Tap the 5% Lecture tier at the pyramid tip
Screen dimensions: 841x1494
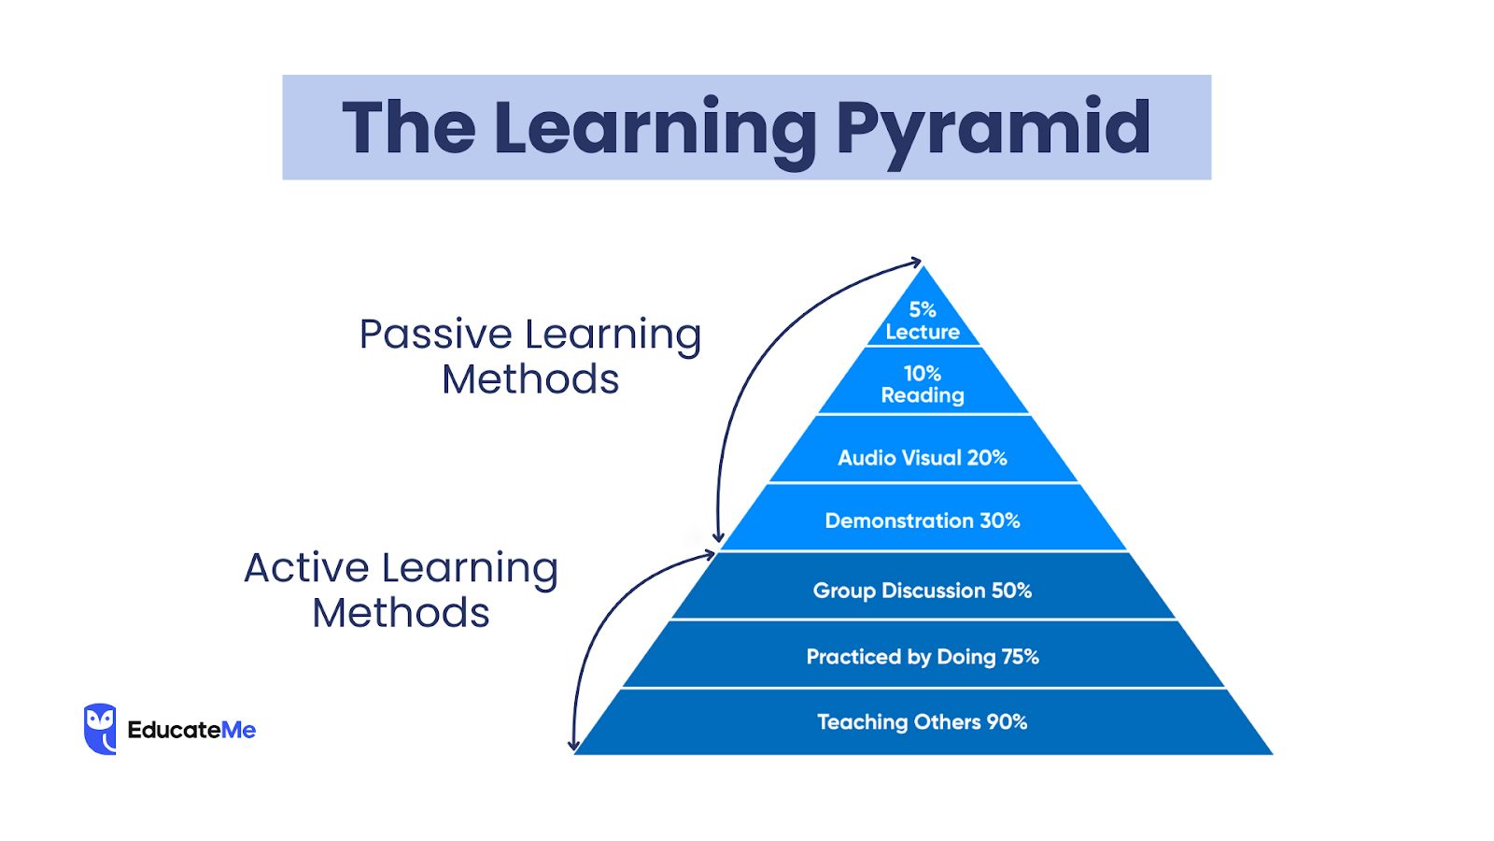pyautogui.click(x=923, y=321)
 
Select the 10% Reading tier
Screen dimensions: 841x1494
pyautogui.click(x=923, y=384)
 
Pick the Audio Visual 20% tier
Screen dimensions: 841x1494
pyautogui.click(x=923, y=458)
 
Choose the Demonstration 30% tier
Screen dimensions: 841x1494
pyautogui.click(x=923, y=520)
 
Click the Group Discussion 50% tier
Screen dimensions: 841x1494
pyautogui.click(x=923, y=591)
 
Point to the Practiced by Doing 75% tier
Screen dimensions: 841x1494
pyautogui.click(x=923, y=657)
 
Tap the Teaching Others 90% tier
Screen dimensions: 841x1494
pyautogui.click(x=923, y=722)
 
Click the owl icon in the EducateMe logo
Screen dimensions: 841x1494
pyautogui.click(x=100, y=729)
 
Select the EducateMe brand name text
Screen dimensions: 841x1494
pyautogui.click(x=191, y=730)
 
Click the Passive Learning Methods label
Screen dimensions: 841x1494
pyautogui.click(x=530, y=357)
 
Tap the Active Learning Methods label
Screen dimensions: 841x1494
pyautogui.click(x=402, y=591)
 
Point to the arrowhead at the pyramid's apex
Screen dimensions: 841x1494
pyautogui.click(x=917, y=263)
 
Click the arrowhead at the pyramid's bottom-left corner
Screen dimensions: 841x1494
pyautogui.click(x=573, y=746)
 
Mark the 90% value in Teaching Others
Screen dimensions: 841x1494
pyautogui.click(x=1007, y=722)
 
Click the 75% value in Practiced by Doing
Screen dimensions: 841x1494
pyautogui.click(x=1020, y=657)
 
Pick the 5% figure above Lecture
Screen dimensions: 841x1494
pyautogui.click(x=923, y=309)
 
